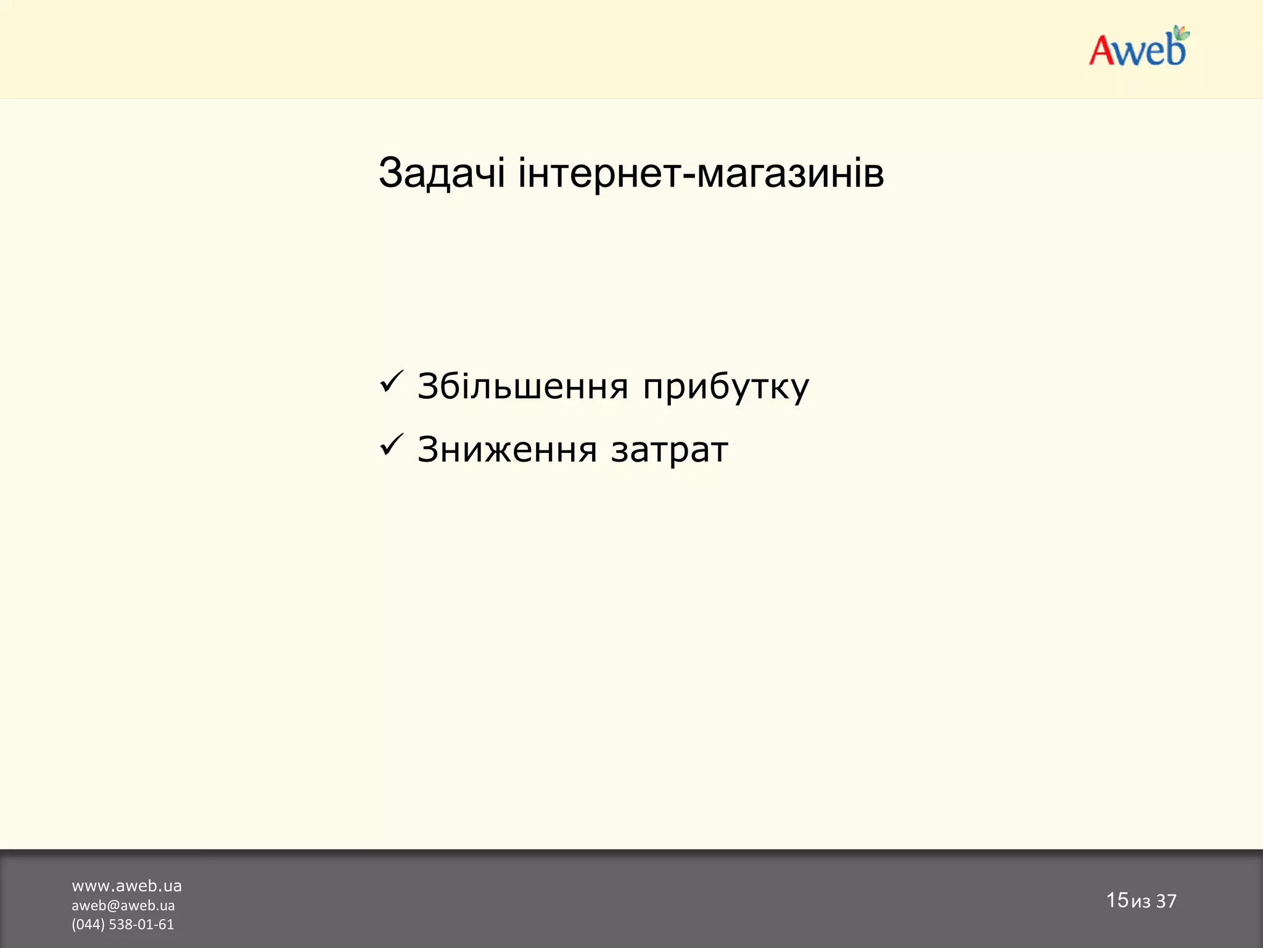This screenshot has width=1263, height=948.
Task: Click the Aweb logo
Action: [x=1138, y=48]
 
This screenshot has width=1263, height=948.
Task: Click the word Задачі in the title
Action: [x=442, y=173]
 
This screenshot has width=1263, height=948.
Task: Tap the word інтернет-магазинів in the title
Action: [x=701, y=173]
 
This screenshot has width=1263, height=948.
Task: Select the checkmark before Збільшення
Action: [x=392, y=381]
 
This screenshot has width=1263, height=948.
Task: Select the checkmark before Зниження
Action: [x=392, y=444]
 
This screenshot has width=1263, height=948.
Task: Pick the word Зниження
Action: [x=507, y=449]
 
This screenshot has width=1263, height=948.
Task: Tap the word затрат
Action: [x=670, y=451]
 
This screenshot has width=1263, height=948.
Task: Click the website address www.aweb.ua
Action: [x=126, y=886]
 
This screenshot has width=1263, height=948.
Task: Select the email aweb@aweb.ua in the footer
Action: [x=123, y=905]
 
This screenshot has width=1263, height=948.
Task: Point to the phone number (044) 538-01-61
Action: [x=123, y=925]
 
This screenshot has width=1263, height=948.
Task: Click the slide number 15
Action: [x=1117, y=900]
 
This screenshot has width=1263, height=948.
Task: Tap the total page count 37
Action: [x=1166, y=901]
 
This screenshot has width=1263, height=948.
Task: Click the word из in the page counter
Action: [x=1141, y=902]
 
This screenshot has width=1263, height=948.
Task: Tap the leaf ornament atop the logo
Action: [x=1181, y=33]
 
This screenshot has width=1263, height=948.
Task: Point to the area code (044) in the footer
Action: [x=88, y=925]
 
